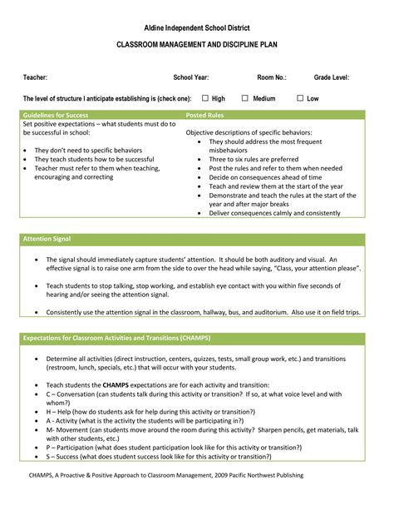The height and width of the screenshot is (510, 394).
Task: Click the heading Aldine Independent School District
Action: (x=197, y=28)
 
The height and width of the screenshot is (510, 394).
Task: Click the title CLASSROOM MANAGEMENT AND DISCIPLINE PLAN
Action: (x=197, y=47)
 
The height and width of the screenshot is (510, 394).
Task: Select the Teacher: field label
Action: (x=36, y=77)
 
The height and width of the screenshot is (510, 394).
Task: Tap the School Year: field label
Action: (x=190, y=77)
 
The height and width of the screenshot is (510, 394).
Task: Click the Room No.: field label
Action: (x=272, y=77)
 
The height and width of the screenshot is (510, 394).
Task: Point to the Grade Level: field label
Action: (x=332, y=77)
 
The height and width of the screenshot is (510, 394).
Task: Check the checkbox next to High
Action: (x=203, y=98)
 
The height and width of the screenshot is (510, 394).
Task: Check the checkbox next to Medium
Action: (x=245, y=98)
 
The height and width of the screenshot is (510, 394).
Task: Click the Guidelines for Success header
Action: (x=56, y=114)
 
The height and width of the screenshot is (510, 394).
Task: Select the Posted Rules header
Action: (x=204, y=114)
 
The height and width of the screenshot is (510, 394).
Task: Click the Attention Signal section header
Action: (x=47, y=239)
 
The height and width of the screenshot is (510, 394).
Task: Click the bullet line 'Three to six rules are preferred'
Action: (x=254, y=159)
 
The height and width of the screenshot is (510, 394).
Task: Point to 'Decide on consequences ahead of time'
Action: (x=265, y=177)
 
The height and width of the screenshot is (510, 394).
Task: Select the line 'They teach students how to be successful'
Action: (x=94, y=159)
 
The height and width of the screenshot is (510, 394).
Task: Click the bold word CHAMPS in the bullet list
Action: (x=115, y=386)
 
